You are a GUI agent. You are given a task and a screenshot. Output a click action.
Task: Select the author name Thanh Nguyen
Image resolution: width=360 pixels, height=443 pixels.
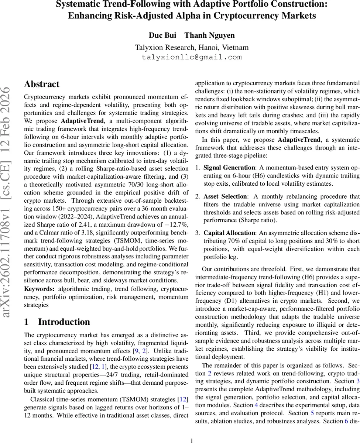coord(209,35)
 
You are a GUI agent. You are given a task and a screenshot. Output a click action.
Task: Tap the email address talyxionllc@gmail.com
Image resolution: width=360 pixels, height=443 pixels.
coord(192,57)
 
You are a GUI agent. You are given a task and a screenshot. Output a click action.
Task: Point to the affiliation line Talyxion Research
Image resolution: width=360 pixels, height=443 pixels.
coord(192,48)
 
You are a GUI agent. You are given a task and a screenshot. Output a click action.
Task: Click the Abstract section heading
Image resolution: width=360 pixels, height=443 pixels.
coord(42,84)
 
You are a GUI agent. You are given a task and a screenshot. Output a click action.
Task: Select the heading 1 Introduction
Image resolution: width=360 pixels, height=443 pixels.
coord(57,322)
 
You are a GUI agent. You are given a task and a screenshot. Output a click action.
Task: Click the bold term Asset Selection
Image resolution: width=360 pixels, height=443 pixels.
coord(225,196)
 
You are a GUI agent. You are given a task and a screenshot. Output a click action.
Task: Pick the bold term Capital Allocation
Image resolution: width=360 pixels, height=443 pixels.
coord(229,233)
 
